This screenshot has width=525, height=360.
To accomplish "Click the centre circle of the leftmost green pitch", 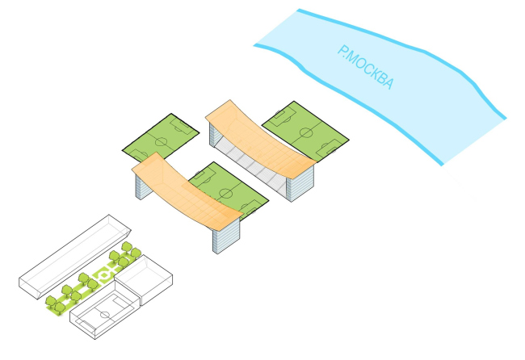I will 161,142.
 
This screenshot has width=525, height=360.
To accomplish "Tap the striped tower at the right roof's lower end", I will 299,185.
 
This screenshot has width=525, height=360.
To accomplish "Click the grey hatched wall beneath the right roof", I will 250,161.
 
